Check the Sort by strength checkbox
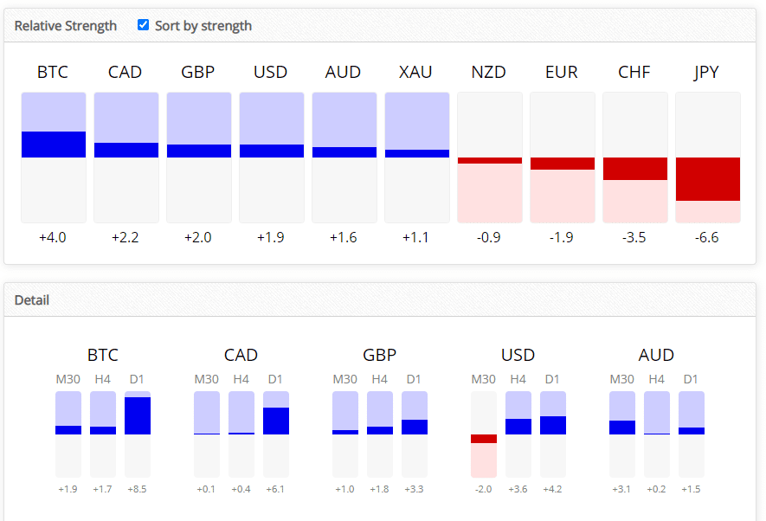(144, 25)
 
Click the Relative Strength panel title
(66, 26)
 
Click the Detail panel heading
(32, 300)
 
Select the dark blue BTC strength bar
(54, 145)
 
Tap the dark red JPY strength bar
(708, 179)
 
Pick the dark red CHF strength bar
(635, 169)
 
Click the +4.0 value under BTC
(53, 237)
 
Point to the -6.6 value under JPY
(707, 237)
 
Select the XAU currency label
(416, 72)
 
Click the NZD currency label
(489, 72)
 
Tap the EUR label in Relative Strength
(562, 72)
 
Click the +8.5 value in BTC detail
(138, 489)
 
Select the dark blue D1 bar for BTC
(138, 415)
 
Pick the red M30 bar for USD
(484, 439)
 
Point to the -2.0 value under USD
(484, 489)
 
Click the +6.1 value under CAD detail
(276, 489)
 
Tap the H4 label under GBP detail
(380, 379)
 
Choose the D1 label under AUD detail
(692, 379)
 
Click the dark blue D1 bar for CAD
(276, 421)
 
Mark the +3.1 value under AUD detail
(622, 489)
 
